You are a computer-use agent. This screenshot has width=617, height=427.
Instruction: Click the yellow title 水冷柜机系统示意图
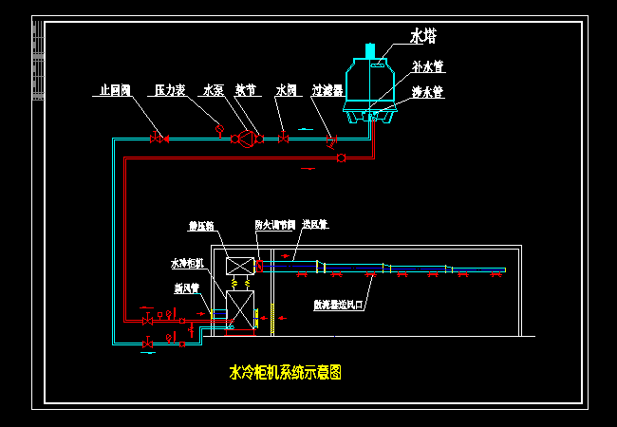pyautogui.click(x=286, y=373)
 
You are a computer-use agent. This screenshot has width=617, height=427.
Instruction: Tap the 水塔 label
pyautogui.click(x=423, y=36)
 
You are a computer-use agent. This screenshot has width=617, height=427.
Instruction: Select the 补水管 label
pyautogui.click(x=429, y=67)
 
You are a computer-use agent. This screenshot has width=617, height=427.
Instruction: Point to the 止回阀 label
pyautogui.click(x=115, y=90)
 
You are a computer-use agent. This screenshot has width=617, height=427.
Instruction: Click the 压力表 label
pyautogui.click(x=170, y=90)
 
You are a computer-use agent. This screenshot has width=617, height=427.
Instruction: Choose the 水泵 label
pyautogui.click(x=213, y=90)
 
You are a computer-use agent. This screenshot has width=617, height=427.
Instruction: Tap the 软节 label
pyautogui.click(x=246, y=90)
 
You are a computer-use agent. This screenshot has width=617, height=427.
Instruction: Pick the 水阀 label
pyautogui.click(x=287, y=90)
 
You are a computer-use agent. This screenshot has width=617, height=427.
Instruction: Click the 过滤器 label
pyautogui.click(x=328, y=90)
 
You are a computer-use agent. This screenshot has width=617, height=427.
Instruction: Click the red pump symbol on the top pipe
pyautogui.click(x=247, y=139)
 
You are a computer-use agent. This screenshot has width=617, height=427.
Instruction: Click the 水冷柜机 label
pyautogui.click(x=187, y=263)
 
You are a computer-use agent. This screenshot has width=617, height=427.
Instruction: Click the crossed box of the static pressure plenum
pyautogui.click(x=239, y=266)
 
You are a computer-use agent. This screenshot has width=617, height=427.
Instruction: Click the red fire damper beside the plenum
pyautogui.click(x=258, y=266)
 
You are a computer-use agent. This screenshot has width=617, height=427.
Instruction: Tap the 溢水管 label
pyautogui.click(x=429, y=93)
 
